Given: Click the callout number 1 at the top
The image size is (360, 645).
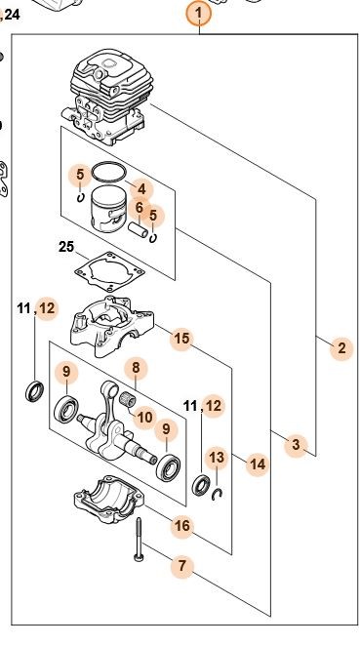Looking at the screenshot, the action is click(199, 13).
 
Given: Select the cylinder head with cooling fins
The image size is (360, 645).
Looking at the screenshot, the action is click(107, 97).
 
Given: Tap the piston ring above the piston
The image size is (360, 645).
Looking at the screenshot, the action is click(108, 173).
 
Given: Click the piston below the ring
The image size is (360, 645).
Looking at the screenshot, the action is click(108, 209).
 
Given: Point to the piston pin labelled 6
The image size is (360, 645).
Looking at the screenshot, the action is click(139, 229).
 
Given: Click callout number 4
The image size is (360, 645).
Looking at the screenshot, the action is click(141, 189).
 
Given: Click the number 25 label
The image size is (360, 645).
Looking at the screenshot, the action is click(66, 247).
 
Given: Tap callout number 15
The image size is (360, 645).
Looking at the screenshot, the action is click(181, 339).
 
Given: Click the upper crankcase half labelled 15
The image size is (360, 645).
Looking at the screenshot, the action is click(111, 325).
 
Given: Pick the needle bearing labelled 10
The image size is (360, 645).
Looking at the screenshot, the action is click(127, 399).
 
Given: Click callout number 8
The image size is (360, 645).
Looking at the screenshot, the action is click(136, 368).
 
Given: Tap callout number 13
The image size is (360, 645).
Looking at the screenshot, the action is click(217, 457).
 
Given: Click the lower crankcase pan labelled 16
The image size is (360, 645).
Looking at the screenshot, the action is click(109, 499).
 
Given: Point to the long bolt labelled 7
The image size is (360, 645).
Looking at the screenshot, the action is click(139, 540).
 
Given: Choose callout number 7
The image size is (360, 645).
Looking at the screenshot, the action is click(182, 566).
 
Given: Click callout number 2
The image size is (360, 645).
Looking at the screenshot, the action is click(341, 348).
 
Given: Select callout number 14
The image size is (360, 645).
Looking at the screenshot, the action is click(258, 464).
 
